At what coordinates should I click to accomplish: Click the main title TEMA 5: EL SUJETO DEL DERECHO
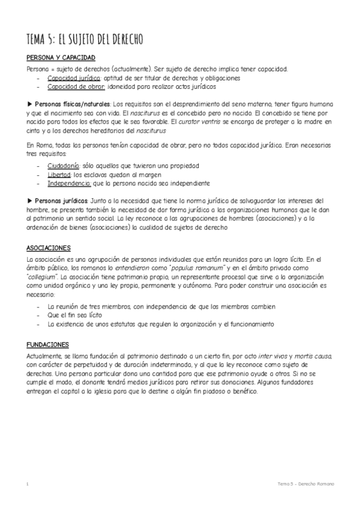(x=84, y=39)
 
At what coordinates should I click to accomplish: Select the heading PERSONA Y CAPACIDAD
(x=61, y=58)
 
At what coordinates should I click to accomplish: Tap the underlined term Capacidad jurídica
(x=74, y=78)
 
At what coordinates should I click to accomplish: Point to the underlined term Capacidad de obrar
(x=76, y=86)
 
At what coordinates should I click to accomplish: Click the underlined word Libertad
(x=59, y=174)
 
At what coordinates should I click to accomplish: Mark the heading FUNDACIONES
(x=48, y=345)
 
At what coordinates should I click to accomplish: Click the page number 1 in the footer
(x=28, y=483)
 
